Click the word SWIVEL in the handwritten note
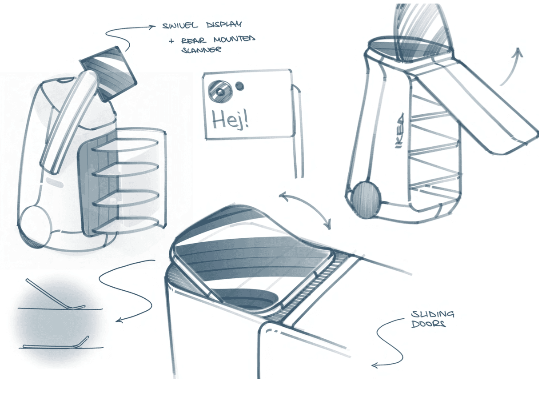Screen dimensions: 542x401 pyautogui.click(x=180, y=26)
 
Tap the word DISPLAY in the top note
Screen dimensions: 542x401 pyautogui.click(x=224, y=24)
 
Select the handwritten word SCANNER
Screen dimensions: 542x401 pyautogui.click(x=201, y=50)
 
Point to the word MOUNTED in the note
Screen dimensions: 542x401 pyautogui.click(x=234, y=39)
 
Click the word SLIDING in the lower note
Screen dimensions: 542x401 pyautogui.click(x=433, y=314)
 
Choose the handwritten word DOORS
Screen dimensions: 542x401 pyautogui.click(x=428, y=324)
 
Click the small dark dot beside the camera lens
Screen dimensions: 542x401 pyautogui.click(x=239, y=86)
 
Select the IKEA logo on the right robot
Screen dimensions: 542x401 pyautogui.click(x=399, y=131)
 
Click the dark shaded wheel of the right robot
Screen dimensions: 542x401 pyautogui.click(x=366, y=199)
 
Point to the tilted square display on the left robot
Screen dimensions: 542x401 pyautogui.click(x=109, y=74)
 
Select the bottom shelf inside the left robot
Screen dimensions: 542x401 pyautogui.click(x=125, y=225)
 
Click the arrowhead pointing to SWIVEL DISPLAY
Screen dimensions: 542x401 pyautogui.click(x=152, y=26)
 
